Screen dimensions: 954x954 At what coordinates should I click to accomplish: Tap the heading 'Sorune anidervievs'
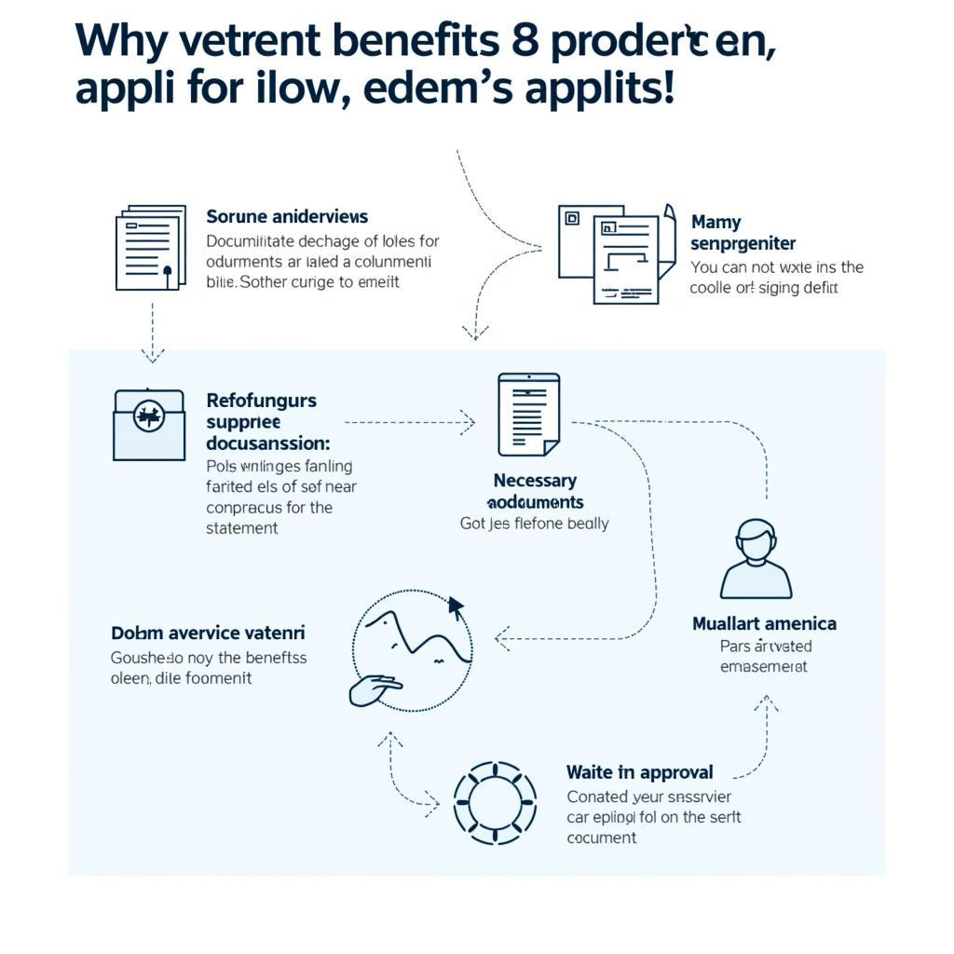(x=287, y=217)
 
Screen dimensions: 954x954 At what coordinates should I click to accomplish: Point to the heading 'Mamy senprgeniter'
(x=743, y=233)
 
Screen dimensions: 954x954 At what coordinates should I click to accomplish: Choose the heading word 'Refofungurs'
(x=261, y=401)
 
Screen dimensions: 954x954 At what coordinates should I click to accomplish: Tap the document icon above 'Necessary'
(x=529, y=415)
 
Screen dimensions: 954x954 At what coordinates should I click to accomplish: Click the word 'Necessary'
(x=535, y=481)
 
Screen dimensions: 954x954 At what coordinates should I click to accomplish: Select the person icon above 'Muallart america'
(x=756, y=559)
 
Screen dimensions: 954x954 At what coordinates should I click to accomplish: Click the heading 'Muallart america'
(x=764, y=623)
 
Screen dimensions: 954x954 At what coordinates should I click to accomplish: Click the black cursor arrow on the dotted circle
(x=456, y=607)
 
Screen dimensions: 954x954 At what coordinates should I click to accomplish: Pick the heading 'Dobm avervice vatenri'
(x=208, y=634)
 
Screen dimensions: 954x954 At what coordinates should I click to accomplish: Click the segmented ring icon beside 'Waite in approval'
(x=496, y=799)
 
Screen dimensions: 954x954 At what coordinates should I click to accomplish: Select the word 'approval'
(x=675, y=772)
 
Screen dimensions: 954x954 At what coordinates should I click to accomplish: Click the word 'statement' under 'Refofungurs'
(x=241, y=528)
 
